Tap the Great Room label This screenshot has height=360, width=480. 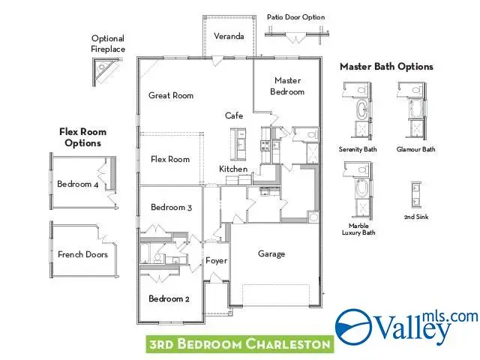click(x=171, y=95)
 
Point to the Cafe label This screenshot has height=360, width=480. click(x=234, y=115)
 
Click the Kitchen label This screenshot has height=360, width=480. click(x=233, y=169)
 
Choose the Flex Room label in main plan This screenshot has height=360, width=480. click(x=170, y=159)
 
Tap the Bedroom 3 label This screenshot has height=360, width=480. click(x=171, y=207)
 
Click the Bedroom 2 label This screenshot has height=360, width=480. click(x=169, y=298)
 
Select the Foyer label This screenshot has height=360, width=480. click(x=216, y=260)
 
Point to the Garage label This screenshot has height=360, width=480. click(x=271, y=253)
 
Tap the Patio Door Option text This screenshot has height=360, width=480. click(x=295, y=16)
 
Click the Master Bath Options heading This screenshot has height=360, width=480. click(x=386, y=67)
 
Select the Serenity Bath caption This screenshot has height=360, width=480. click(x=358, y=149)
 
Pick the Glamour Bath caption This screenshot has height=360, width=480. click(x=416, y=149)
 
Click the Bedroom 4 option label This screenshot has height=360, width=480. click(x=77, y=184)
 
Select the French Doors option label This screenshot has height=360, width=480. click(x=82, y=254)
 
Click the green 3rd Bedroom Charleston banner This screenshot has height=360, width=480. click(x=239, y=344)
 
